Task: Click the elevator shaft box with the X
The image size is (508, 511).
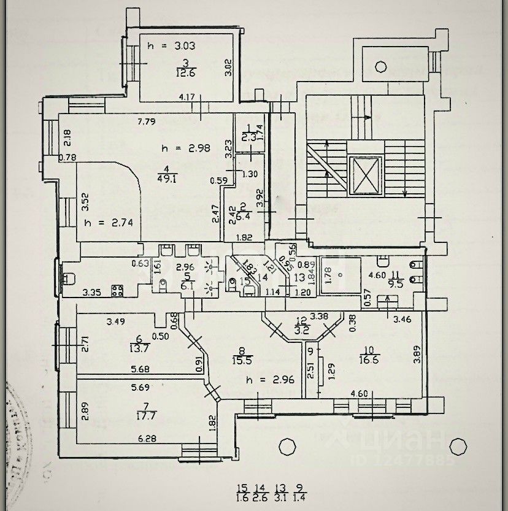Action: point(365,175)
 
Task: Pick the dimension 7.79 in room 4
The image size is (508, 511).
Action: point(146,121)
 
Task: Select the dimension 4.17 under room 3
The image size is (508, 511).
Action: point(187,96)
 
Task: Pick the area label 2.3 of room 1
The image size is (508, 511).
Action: point(248,138)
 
